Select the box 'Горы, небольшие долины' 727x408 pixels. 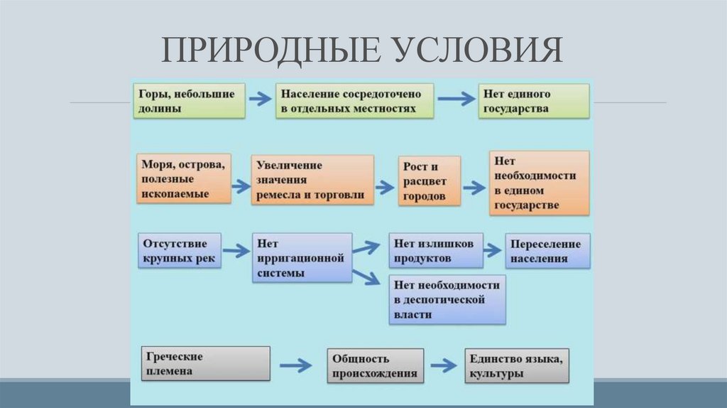coord(189,101)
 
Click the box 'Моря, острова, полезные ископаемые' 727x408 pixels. coord(184,179)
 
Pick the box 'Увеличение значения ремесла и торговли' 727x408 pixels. coord(312,180)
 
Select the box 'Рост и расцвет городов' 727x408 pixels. coord(429,181)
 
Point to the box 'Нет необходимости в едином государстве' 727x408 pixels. coord(539,183)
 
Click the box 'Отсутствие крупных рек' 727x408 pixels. coord(180,250)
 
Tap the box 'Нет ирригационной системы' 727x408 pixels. coord(302,257)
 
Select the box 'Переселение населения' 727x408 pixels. coord(547,252)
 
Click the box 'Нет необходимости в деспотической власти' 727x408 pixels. coord(447,299)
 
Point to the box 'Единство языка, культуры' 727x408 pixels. coord(517,366)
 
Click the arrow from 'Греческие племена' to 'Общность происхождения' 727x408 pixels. coord(295,366)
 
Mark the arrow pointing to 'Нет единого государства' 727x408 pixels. coord(456,100)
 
